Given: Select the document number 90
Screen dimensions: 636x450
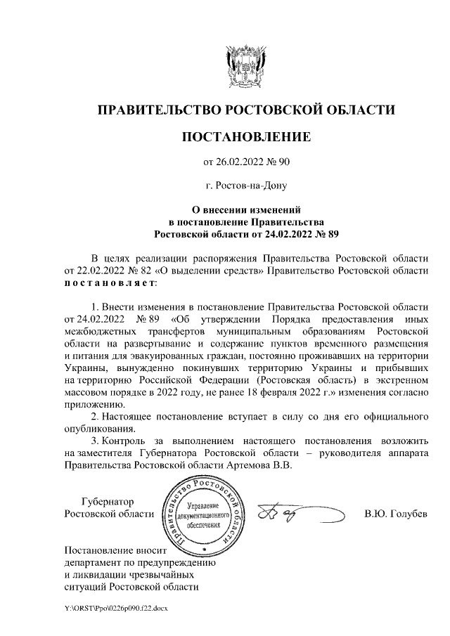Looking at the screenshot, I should [x=283, y=163].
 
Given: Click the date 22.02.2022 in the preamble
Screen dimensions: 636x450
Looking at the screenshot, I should [x=96, y=270].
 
